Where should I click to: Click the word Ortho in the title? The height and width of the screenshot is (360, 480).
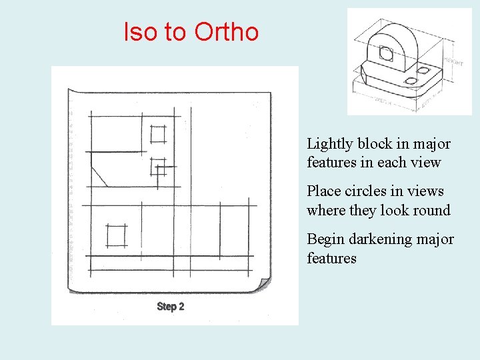point(226,31)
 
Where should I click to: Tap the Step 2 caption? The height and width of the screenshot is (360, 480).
point(171,307)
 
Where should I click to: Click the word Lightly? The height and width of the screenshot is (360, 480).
point(330,144)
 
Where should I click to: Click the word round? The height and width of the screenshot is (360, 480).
point(433,211)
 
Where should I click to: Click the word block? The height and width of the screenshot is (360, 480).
point(375,144)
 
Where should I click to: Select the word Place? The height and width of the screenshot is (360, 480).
point(323,191)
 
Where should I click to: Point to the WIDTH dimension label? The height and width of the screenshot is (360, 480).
point(382,101)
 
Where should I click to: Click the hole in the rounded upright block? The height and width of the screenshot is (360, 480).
point(387,53)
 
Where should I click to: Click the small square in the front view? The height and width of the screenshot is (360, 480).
point(116,235)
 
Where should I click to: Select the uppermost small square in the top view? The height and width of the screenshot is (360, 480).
point(158,134)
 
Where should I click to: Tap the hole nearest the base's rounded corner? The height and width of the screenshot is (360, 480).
point(411,81)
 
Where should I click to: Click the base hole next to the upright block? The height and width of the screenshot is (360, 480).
point(425,68)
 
